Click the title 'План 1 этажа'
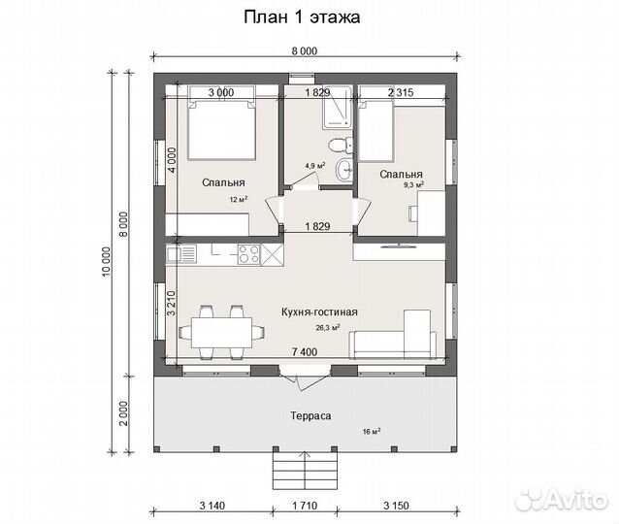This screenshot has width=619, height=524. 302,16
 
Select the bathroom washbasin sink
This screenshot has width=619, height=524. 344,170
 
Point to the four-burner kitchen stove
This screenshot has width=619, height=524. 249,254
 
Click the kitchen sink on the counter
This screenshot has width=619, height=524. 181,253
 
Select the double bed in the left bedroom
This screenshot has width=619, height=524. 221,128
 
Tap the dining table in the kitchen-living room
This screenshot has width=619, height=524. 221,333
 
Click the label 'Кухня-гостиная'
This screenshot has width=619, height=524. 319,311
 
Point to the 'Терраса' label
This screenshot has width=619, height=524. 310,416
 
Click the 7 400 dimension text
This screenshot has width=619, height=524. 305,351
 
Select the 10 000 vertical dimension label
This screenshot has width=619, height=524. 107,262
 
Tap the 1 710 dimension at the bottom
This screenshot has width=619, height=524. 305,506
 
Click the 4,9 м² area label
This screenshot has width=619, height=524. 314,166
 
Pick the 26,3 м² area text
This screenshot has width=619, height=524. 328,327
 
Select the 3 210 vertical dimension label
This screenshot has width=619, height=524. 172,304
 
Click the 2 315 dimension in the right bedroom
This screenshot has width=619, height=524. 401,92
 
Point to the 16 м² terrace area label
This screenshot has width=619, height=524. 371,432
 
